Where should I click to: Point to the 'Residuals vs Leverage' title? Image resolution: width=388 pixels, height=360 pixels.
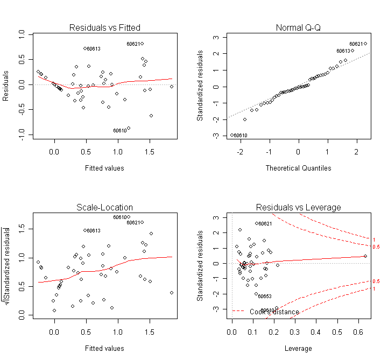pos(298,207)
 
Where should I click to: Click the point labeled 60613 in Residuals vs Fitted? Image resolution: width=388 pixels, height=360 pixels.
pos(85,48)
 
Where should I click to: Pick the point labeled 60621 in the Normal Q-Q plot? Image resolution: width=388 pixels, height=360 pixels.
pos(365,44)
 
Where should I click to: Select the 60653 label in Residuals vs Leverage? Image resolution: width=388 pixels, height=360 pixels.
pos(264,297)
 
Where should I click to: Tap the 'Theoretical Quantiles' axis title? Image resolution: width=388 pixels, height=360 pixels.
pos(299,168)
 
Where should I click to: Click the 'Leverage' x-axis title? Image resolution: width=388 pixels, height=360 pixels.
pos(299,348)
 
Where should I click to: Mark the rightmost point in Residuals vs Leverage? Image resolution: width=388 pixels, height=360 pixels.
pos(365,256)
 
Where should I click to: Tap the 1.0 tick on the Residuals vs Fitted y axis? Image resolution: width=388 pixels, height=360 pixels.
pos(22,33)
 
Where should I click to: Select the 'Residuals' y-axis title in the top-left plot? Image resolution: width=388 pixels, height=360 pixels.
pos(6,85)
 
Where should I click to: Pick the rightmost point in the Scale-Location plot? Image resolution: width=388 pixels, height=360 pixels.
pos(172,293)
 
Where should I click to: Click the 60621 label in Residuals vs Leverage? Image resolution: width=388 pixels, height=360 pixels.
pos(264,224)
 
